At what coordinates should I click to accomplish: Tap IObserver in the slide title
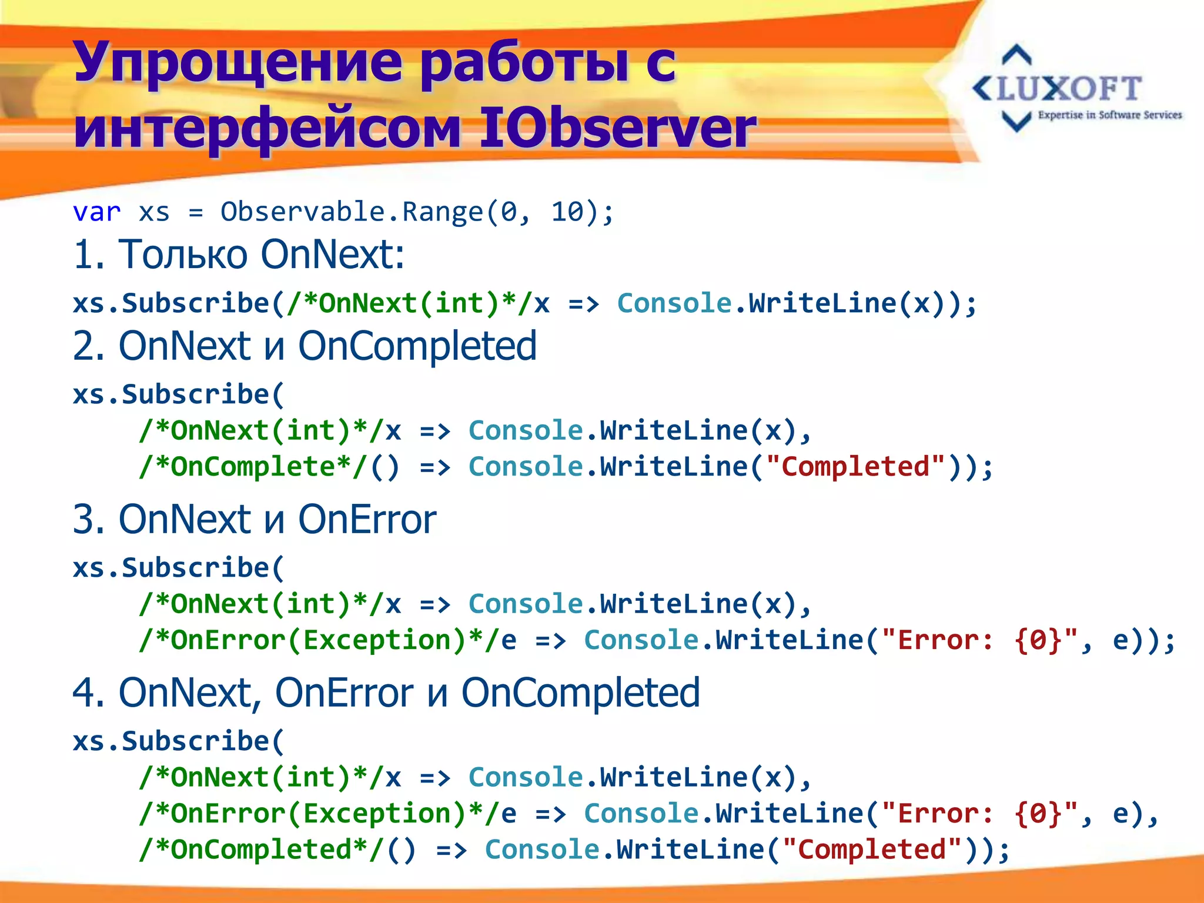[617, 128]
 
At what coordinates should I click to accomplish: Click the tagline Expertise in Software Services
[1109, 115]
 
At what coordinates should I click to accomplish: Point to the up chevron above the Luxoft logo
[1016, 55]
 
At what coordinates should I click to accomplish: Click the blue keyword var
[96, 212]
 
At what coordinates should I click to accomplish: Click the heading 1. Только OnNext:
[239, 255]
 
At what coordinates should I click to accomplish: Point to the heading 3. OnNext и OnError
[254, 519]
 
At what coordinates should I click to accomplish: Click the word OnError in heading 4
[344, 693]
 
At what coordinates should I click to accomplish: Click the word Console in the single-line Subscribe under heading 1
[674, 303]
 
